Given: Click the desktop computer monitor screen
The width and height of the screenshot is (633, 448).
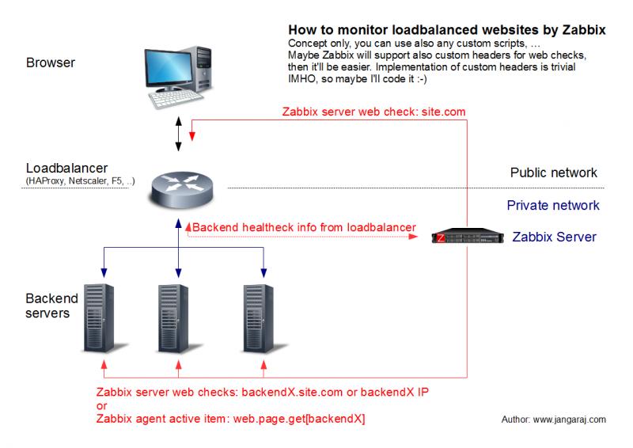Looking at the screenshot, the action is [x=169, y=67].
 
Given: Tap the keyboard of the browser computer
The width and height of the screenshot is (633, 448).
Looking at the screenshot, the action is [x=176, y=99].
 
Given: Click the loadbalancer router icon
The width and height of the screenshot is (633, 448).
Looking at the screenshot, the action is [x=182, y=189].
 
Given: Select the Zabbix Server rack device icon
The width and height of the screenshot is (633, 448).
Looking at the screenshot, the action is [x=468, y=236].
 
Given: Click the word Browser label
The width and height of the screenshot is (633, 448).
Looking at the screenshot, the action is [x=51, y=63].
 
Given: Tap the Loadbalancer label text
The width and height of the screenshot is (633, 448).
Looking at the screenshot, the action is [x=66, y=168].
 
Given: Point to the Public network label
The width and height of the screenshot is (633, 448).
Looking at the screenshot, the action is [x=553, y=173].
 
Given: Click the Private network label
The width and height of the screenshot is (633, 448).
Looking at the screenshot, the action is [x=553, y=205].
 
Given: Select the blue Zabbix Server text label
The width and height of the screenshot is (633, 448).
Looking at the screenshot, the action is [x=555, y=237].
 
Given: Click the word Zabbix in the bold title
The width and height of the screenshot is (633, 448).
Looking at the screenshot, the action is [x=584, y=30].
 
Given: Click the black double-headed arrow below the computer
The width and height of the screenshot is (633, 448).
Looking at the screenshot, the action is [x=179, y=134].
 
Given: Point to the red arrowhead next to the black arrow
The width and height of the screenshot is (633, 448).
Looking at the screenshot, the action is [x=192, y=136].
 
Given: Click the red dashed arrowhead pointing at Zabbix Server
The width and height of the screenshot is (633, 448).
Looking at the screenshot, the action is [x=413, y=237].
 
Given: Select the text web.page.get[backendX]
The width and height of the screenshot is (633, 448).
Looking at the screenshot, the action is [x=299, y=419].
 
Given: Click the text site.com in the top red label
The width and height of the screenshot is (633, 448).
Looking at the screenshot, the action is [x=443, y=112].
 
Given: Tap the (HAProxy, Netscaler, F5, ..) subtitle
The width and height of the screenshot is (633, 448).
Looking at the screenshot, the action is [x=81, y=181].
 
